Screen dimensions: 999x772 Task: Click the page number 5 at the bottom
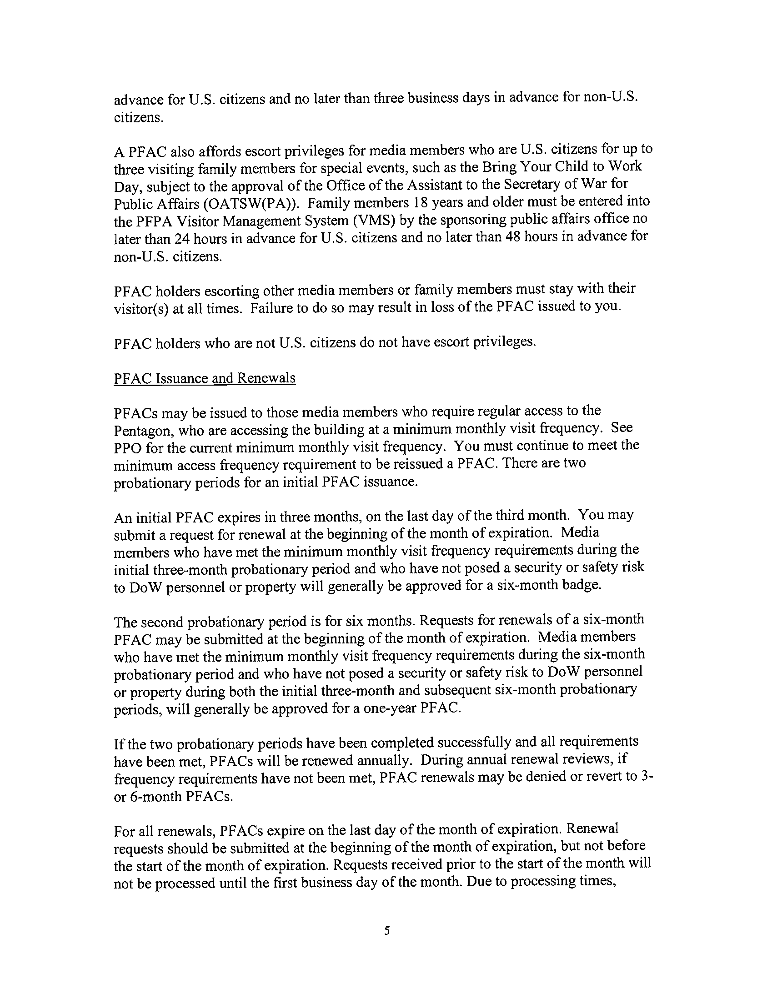(x=386, y=930)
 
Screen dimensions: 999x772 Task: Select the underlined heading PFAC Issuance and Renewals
(x=205, y=378)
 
